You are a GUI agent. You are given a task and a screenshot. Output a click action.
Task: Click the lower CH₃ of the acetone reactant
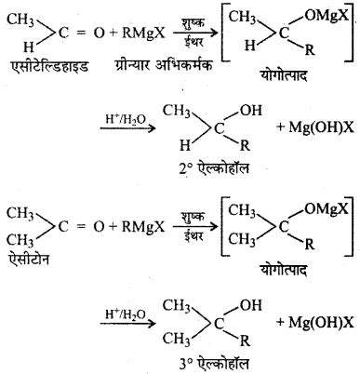click(x=20, y=237)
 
